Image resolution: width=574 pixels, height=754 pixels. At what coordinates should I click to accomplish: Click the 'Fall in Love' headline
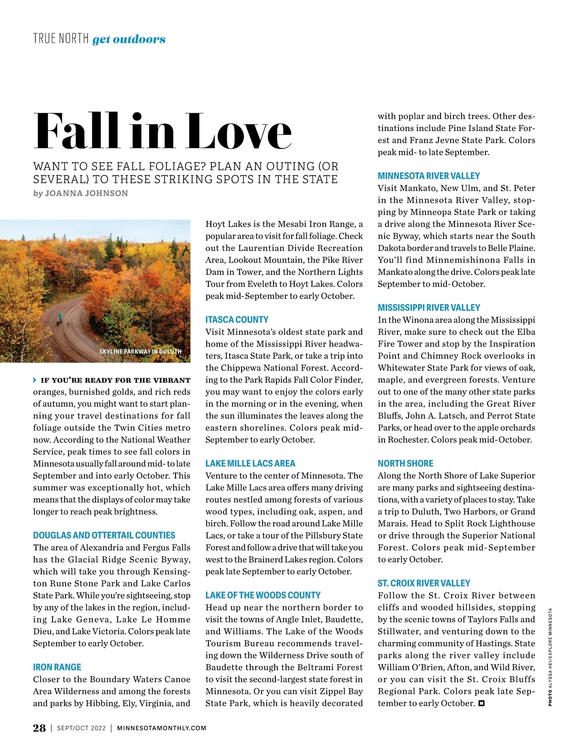[x=163, y=131]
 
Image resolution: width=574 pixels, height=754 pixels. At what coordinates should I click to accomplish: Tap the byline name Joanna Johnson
[x=86, y=193]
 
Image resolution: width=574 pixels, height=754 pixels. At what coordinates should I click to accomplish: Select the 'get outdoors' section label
[x=129, y=39]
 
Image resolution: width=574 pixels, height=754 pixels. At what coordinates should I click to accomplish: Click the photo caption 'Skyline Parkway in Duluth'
[x=140, y=351]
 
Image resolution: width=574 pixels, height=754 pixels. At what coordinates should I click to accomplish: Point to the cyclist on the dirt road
[x=60, y=317]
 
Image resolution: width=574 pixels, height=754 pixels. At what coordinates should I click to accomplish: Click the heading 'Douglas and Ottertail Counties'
[x=104, y=535]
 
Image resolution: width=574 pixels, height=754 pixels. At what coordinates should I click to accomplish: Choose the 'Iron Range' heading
[x=57, y=667]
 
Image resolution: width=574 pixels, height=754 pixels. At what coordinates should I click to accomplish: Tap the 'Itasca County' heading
[x=237, y=319]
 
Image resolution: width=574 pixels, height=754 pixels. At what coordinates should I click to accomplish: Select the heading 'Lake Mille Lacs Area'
[x=250, y=463]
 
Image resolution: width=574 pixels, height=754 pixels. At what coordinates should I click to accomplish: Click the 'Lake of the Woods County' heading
[x=263, y=595]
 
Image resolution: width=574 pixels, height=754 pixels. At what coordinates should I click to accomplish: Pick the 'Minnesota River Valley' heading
[x=429, y=175]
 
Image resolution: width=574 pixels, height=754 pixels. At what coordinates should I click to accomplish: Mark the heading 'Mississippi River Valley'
[x=429, y=307]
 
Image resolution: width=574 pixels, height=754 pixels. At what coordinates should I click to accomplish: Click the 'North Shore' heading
[x=405, y=463]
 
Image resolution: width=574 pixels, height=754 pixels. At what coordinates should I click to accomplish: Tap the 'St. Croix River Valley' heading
[x=424, y=583]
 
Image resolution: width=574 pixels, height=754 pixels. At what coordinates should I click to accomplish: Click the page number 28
[x=39, y=728]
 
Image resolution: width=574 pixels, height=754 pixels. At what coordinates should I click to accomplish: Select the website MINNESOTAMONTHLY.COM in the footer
[x=162, y=728]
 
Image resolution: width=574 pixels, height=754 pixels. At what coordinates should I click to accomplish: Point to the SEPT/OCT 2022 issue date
[x=81, y=728]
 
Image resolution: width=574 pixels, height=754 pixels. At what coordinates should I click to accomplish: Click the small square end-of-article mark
[x=482, y=703]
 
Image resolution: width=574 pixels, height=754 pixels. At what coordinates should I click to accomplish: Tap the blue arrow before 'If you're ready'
[x=35, y=380]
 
